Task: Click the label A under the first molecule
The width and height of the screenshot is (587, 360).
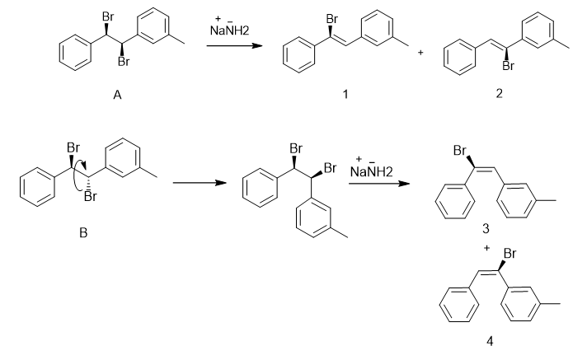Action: pos(117,95)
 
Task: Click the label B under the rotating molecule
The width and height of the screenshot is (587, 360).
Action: pos(83,233)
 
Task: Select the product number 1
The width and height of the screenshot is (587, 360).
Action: pos(345,94)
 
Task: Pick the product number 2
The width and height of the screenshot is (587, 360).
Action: pos(499,93)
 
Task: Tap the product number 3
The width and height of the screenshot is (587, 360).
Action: pos(486,228)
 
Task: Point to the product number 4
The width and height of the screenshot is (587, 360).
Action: pos(490,341)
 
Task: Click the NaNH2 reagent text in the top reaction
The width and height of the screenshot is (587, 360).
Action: pos(229,30)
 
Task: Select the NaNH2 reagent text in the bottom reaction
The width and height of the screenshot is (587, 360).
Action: pos(371,172)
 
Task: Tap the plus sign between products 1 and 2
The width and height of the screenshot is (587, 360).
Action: pos(420,53)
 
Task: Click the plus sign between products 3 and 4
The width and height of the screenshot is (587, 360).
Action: pos(486,248)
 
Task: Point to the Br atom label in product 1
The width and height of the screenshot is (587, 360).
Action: pos(331,19)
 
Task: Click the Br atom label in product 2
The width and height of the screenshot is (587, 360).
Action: pos(509,66)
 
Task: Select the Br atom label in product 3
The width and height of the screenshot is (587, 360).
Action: pos(460,151)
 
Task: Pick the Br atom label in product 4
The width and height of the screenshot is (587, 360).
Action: pos(510,254)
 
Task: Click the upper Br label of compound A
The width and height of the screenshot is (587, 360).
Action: pos(108,16)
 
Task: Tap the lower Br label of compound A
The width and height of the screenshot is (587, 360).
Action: pos(124,62)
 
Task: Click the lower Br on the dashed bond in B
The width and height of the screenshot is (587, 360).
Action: pos(90,196)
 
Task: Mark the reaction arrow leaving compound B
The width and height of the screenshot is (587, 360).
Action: pos(200,183)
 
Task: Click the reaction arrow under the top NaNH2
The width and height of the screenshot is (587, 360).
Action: pos(234,45)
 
